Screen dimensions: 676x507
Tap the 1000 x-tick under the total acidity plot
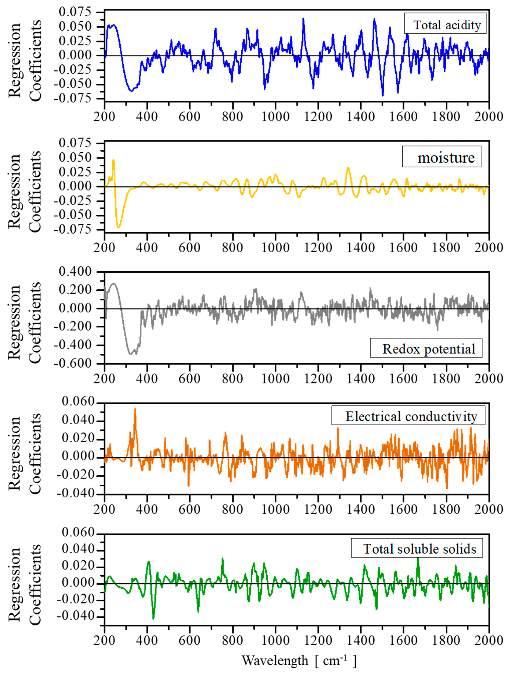pos(275,116)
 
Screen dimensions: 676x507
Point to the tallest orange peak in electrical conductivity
pos(135,409)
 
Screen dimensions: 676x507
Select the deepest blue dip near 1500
pos(382,95)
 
